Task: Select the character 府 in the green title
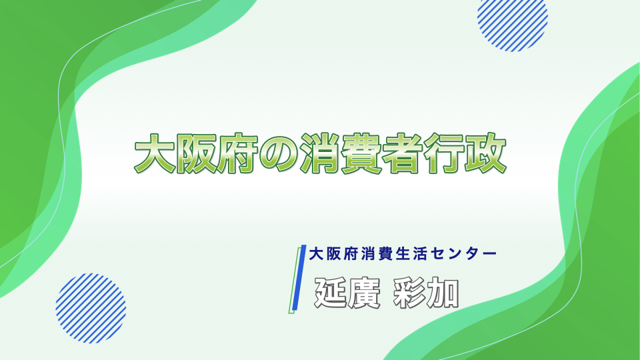point(237,153)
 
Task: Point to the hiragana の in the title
point(279,154)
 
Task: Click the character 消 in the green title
point(320,153)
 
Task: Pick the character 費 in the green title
point(361,153)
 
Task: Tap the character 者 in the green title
point(403,153)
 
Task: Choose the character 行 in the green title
point(444,153)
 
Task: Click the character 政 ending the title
point(486,153)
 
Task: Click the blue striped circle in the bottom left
point(91,308)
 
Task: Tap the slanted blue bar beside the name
point(297,279)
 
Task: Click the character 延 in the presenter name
point(330,293)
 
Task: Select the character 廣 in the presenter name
point(364,293)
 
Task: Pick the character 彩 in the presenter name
point(409,293)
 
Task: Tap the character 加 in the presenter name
point(443,293)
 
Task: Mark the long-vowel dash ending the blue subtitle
point(490,254)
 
